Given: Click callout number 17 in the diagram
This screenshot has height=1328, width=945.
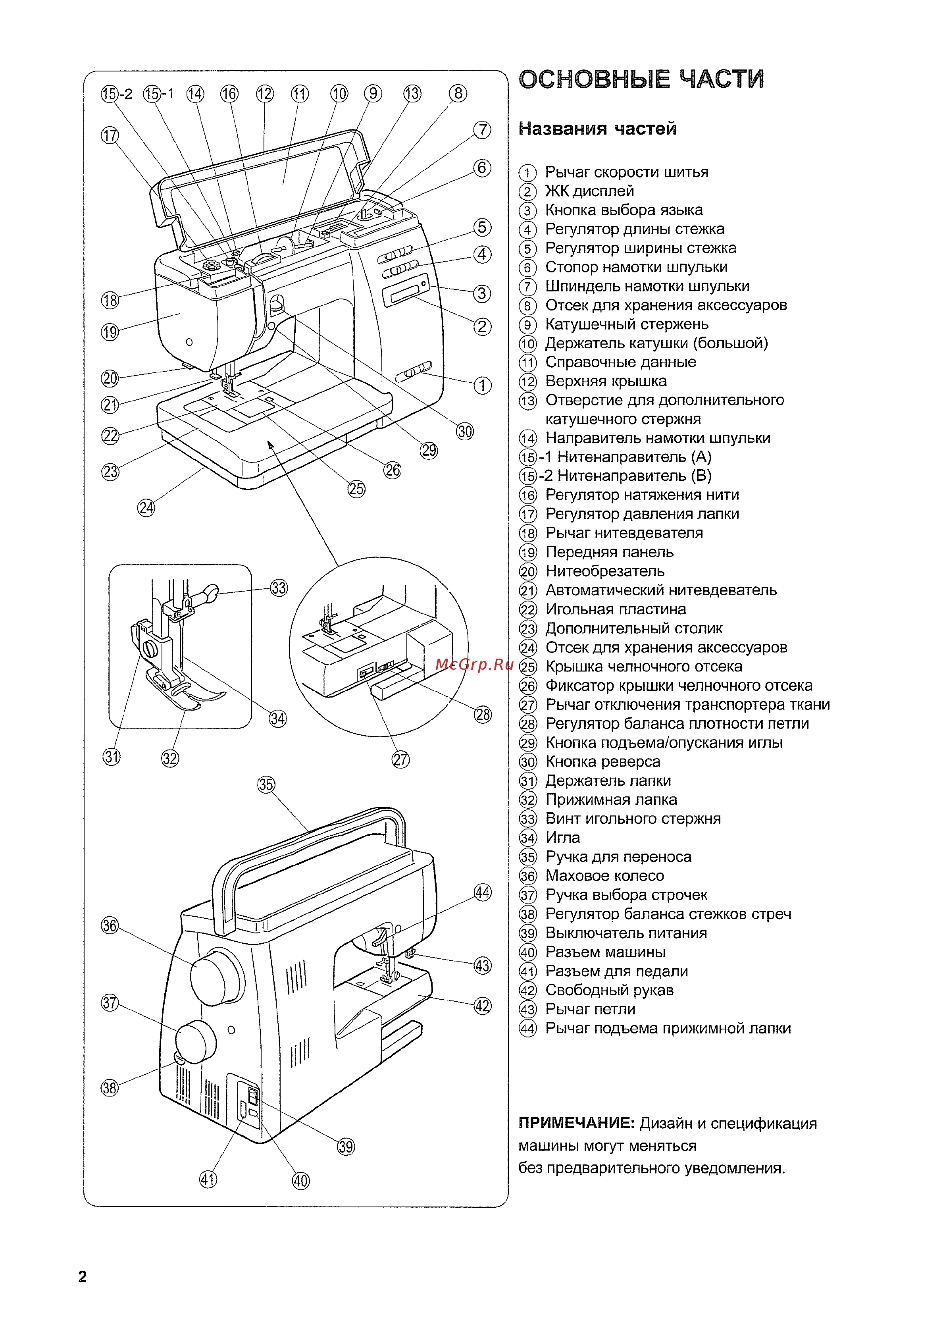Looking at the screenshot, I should click(x=110, y=136).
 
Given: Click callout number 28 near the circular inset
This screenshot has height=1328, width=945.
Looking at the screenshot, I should click(x=482, y=714).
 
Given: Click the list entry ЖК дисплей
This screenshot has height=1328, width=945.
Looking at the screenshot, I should click(x=589, y=191).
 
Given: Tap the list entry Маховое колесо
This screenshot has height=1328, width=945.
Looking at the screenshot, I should click(x=604, y=875).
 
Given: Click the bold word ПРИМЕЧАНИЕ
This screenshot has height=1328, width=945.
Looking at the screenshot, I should click(x=575, y=1123).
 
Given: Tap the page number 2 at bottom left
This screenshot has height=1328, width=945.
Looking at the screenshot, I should click(x=82, y=1276).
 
